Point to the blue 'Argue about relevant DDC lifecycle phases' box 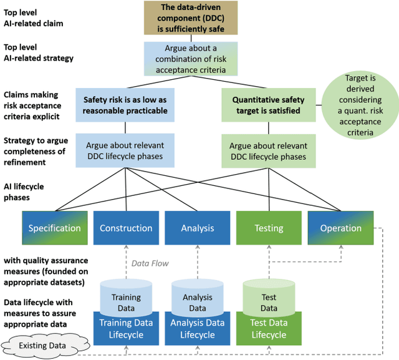click(x=125, y=150)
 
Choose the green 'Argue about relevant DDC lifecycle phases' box click(x=269, y=150)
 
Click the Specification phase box click(x=54, y=228)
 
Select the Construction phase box click(x=125, y=228)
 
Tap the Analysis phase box click(x=197, y=228)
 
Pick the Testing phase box click(x=269, y=228)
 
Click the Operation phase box click(x=340, y=228)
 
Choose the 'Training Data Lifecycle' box click(x=125, y=329)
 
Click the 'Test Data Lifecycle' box click(x=269, y=329)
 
